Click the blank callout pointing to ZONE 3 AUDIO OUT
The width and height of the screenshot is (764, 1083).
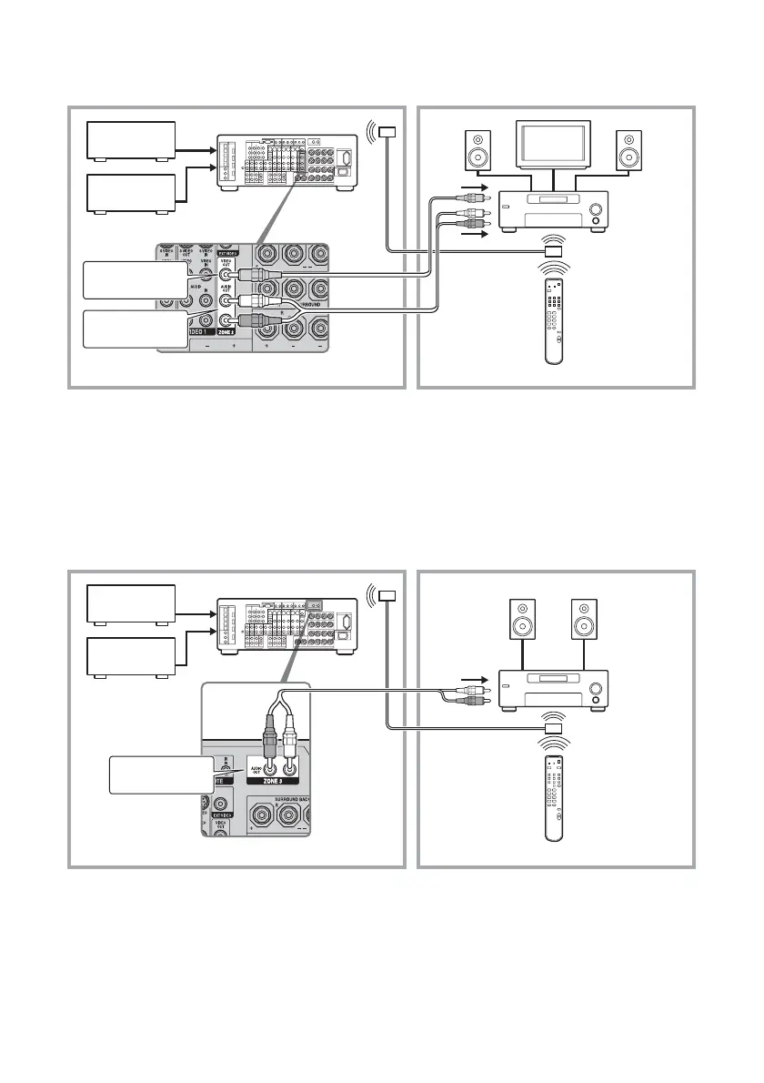point(159,774)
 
